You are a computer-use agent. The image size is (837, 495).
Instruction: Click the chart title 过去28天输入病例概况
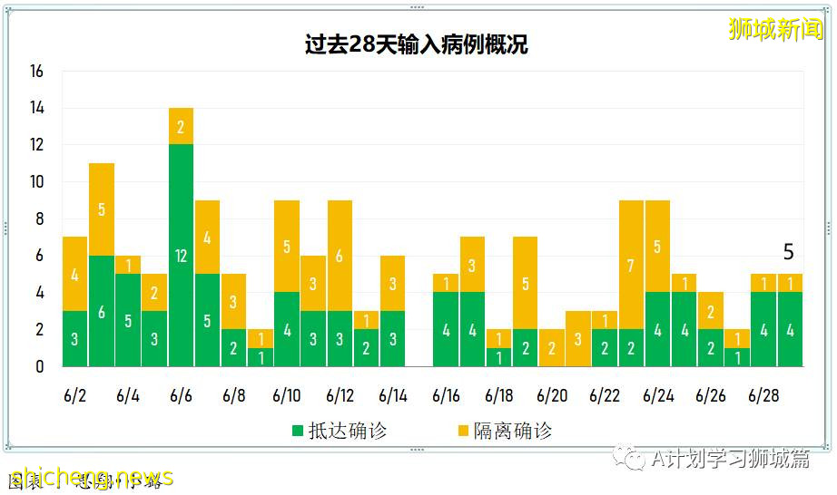pyautogui.click(x=417, y=45)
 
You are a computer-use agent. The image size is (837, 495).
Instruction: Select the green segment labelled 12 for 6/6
pyautogui.click(x=181, y=255)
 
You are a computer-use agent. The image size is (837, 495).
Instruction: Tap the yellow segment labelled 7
pyautogui.click(x=631, y=265)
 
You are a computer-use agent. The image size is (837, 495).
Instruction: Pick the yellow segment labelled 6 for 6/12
pyautogui.click(x=340, y=256)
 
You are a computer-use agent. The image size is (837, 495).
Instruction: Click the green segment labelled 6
pyautogui.click(x=102, y=311)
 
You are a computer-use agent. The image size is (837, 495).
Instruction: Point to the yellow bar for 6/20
pyautogui.click(x=551, y=347)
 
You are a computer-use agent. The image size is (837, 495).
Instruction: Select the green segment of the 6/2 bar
pyautogui.click(x=75, y=338)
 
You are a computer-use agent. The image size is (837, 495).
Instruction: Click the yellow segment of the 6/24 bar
pyautogui.click(x=657, y=246)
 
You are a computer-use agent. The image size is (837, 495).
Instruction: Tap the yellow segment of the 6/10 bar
pyautogui.click(x=287, y=246)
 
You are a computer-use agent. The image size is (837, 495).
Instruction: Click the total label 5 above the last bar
pyautogui.click(x=788, y=253)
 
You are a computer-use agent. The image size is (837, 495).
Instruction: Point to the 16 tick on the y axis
pyautogui.click(x=36, y=72)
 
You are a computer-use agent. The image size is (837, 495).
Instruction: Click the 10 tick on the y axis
pyautogui.click(x=36, y=182)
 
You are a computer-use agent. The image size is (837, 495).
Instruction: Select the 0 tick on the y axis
pyautogui.click(x=40, y=366)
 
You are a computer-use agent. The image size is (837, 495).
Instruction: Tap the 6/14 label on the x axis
pyautogui.click(x=393, y=396)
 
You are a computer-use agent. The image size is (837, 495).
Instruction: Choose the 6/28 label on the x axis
pyautogui.click(x=763, y=396)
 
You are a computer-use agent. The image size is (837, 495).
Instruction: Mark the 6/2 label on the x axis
pyautogui.click(x=75, y=396)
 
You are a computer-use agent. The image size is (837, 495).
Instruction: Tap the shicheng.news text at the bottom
pyautogui.click(x=91, y=478)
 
